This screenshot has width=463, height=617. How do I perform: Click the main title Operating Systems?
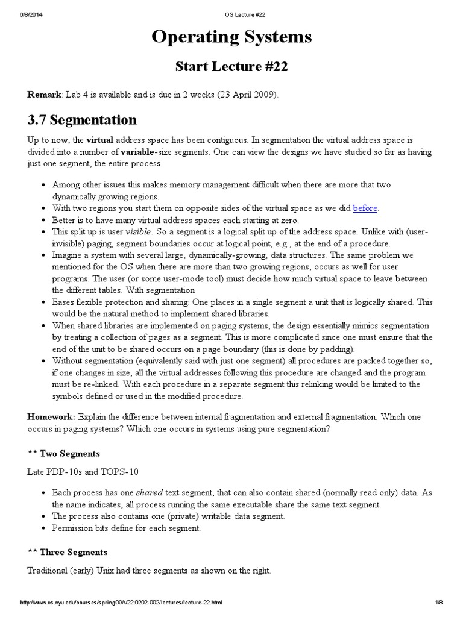click(231, 37)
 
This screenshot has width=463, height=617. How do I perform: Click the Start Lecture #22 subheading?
click(231, 67)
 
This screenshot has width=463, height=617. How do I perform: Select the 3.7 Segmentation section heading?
click(82, 119)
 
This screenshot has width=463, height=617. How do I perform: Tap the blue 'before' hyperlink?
click(365, 208)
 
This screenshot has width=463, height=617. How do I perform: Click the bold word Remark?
click(44, 95)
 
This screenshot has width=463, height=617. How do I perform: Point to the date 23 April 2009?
click(247, 95)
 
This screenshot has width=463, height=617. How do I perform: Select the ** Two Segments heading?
click(63, 453)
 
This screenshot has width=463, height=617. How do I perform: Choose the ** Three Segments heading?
click(68, 552)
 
